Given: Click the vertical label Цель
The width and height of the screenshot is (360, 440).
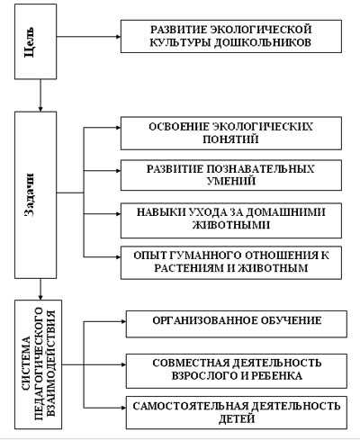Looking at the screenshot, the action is tap(29, 42).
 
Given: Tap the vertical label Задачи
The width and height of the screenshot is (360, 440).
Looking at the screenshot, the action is tap(29, 194).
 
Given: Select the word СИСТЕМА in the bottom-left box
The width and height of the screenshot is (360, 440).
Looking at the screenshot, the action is tap(26, 364).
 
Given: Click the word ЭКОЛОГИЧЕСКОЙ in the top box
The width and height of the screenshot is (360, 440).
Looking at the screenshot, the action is tap(261, 30).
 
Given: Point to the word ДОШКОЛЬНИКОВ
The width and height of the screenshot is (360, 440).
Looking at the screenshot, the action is tap(263, 42).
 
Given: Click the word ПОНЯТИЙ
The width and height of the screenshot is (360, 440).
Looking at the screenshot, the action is tap(230, 139).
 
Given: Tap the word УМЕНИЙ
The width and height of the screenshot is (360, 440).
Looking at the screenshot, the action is tap(231, 181).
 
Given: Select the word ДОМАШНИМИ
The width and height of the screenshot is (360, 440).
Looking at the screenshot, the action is tap(285, 212).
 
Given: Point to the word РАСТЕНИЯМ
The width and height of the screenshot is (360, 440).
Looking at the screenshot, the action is tap(189, 268).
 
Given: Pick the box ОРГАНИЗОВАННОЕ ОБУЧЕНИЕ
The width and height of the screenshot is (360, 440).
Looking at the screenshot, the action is tap(237, 324).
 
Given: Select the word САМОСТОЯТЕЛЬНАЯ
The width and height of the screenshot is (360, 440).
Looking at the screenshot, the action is tap(191, 406).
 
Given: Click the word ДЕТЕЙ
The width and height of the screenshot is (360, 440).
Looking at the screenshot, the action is tap(237, 418).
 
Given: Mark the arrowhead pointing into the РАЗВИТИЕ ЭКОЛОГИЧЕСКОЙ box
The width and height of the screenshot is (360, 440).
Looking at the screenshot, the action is tap(118, 37).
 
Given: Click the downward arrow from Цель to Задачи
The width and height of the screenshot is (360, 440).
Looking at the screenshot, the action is tap(40, 95).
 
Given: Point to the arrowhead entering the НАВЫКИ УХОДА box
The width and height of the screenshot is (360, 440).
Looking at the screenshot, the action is tap(118, 214).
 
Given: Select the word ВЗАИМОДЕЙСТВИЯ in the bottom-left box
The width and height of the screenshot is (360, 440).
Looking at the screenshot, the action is tap(50, 364).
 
